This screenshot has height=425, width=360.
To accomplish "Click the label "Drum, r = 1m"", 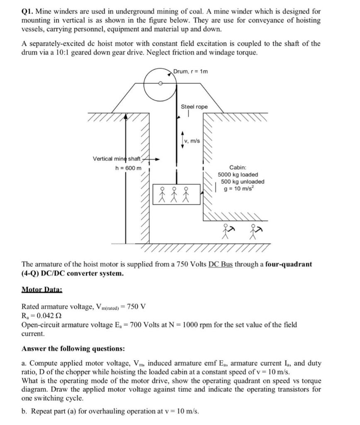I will [191, 71].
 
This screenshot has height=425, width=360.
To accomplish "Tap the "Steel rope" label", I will [194, 107].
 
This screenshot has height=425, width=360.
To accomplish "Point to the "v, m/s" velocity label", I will [192, 141].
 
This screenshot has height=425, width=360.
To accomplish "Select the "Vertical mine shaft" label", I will [117, 159].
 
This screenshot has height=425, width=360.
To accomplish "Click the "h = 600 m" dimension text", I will [128, 167].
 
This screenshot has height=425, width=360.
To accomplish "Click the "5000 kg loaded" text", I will [238, 175].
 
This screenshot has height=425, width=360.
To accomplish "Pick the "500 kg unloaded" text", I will [242, 182].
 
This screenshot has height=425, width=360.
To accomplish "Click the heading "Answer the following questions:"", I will [73, 348].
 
